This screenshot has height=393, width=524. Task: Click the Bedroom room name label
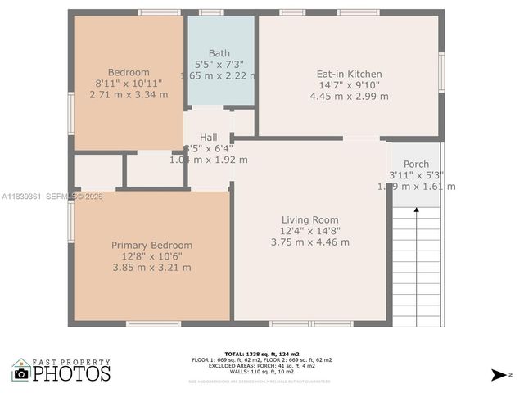(x=129, y=72)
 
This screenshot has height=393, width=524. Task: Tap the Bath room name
(x=219, y=53)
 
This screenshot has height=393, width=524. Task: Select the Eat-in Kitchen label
(x=349, y=74)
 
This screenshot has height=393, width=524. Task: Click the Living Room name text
(x=309, y=219)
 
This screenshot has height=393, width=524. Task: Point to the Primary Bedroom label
(x=151, y=245)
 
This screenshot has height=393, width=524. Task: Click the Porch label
(x=416, y=165)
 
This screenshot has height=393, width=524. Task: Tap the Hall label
(x=208, y=137)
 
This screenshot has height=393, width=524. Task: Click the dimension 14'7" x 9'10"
(x=349, y=85)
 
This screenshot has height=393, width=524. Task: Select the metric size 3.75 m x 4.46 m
(x=309, y=242)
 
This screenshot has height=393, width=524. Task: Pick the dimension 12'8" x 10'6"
(x=151, y=256)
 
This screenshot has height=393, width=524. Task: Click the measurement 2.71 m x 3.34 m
(x=129, y=94)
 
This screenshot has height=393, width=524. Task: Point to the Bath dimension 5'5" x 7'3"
(x=219, y=64)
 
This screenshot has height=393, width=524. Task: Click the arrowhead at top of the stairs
(x=416, y=210)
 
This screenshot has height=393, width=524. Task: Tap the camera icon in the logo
(x=21, y=374)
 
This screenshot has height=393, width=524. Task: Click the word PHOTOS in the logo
(x=72, y=373)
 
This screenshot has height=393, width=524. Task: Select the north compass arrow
(x=498, y=375)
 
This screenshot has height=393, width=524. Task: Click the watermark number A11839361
(x=20, y=196)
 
